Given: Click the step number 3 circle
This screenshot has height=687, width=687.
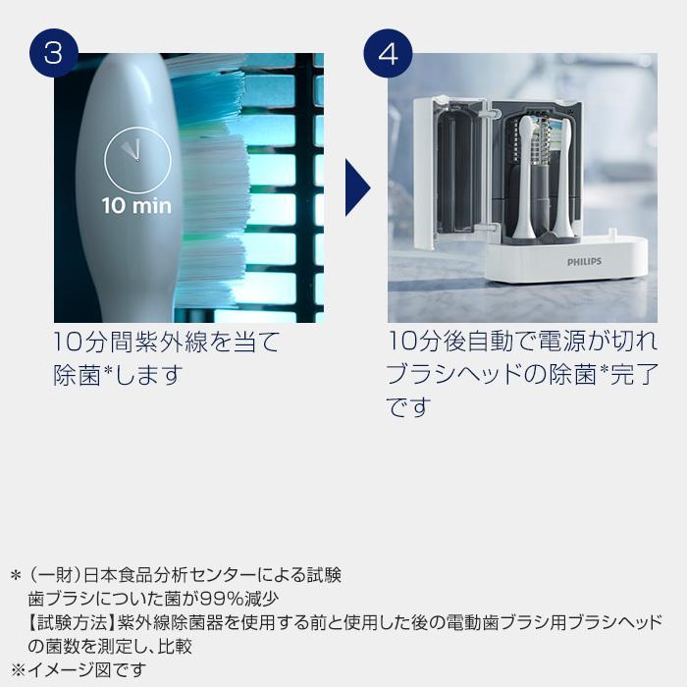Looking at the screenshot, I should (x=54, y=51).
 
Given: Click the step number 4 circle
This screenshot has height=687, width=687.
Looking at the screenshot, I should (x=389, y=51).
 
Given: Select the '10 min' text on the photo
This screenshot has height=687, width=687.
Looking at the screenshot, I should (x=136, y=206).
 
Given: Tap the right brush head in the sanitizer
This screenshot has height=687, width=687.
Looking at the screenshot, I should (x=562, y=177).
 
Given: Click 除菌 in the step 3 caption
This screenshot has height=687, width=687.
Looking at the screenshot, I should (x=77, y=376).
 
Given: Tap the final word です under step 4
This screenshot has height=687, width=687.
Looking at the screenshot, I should (x=409, y=407).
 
